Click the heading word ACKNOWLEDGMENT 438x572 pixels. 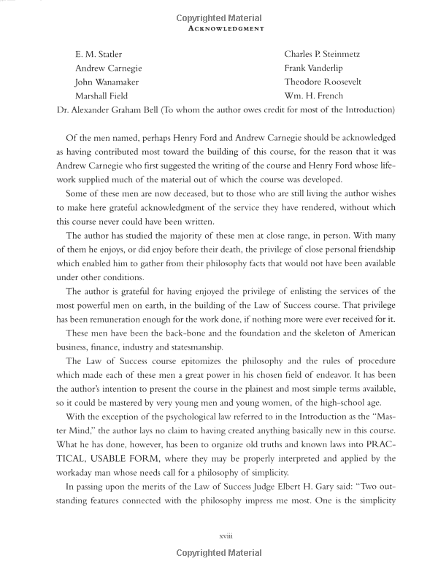click(219, 30)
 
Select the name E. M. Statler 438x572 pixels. click(99, 54)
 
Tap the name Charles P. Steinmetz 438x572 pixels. click(322, 54)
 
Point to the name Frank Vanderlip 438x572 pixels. click(315, 68)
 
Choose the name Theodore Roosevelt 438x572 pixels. click(323, 82)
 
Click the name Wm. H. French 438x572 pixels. click(314, 96)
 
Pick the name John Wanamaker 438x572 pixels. click(107, 82)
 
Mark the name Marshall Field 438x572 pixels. click(102, 96)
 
